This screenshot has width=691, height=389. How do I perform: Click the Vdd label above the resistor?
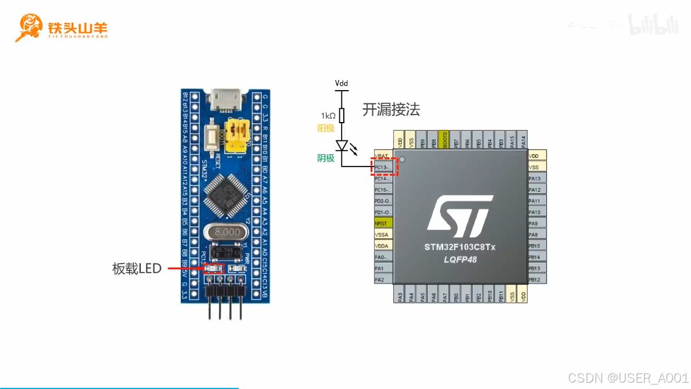[x=341, y=84]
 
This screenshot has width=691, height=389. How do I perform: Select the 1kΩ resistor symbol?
[x=342, y=116]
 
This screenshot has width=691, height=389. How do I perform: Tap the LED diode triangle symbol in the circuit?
[x=342, y=146]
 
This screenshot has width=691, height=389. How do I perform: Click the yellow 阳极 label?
[x=326, y=128]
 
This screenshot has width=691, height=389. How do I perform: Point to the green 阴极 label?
[x=326, y=158]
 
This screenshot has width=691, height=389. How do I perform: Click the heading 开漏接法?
[x=391, y=110]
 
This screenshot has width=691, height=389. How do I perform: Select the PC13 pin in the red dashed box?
[x=383, y=167]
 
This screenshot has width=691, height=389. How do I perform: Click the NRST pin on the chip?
[x=383, y=223]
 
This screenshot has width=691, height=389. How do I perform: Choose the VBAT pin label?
[x=383, y=156]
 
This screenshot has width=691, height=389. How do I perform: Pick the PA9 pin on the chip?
[x=536, y=223]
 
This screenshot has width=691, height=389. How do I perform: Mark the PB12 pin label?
[x=536, y=279]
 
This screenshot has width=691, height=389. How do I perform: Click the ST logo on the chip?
[x=459, y=217]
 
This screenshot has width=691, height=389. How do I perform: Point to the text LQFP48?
[x=460, y=260]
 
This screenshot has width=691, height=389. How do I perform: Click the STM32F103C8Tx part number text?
[x=460, y=248]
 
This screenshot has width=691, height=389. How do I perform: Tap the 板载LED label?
[x=137, y=269]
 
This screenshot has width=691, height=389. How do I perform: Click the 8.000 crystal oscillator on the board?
[x=225, y=233]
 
